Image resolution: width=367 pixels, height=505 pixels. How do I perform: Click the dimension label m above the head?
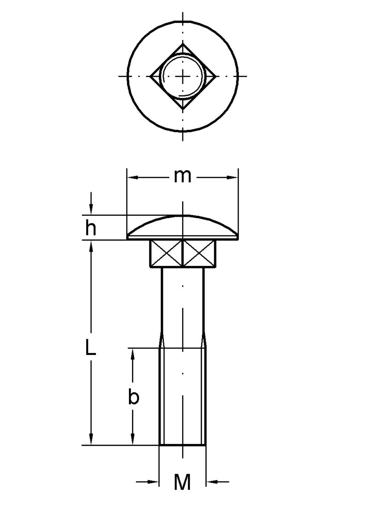coord(182,176)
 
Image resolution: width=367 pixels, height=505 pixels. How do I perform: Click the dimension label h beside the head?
coord(91,228)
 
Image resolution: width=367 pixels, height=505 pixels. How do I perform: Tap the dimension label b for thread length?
coord(133,397)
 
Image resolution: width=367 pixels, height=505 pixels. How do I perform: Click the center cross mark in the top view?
coord(183,76)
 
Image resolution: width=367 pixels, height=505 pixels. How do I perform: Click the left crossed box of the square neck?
coord(167,253)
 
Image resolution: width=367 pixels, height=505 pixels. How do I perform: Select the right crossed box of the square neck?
coord(199,253)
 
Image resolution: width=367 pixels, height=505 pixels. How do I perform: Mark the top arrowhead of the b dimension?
coord(133,353)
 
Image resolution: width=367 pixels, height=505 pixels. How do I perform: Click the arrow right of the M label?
coord(212,482)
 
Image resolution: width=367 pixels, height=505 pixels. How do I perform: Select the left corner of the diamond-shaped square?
coord(151,76)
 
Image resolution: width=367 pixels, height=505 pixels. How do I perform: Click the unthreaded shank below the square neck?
coord(183,303)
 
